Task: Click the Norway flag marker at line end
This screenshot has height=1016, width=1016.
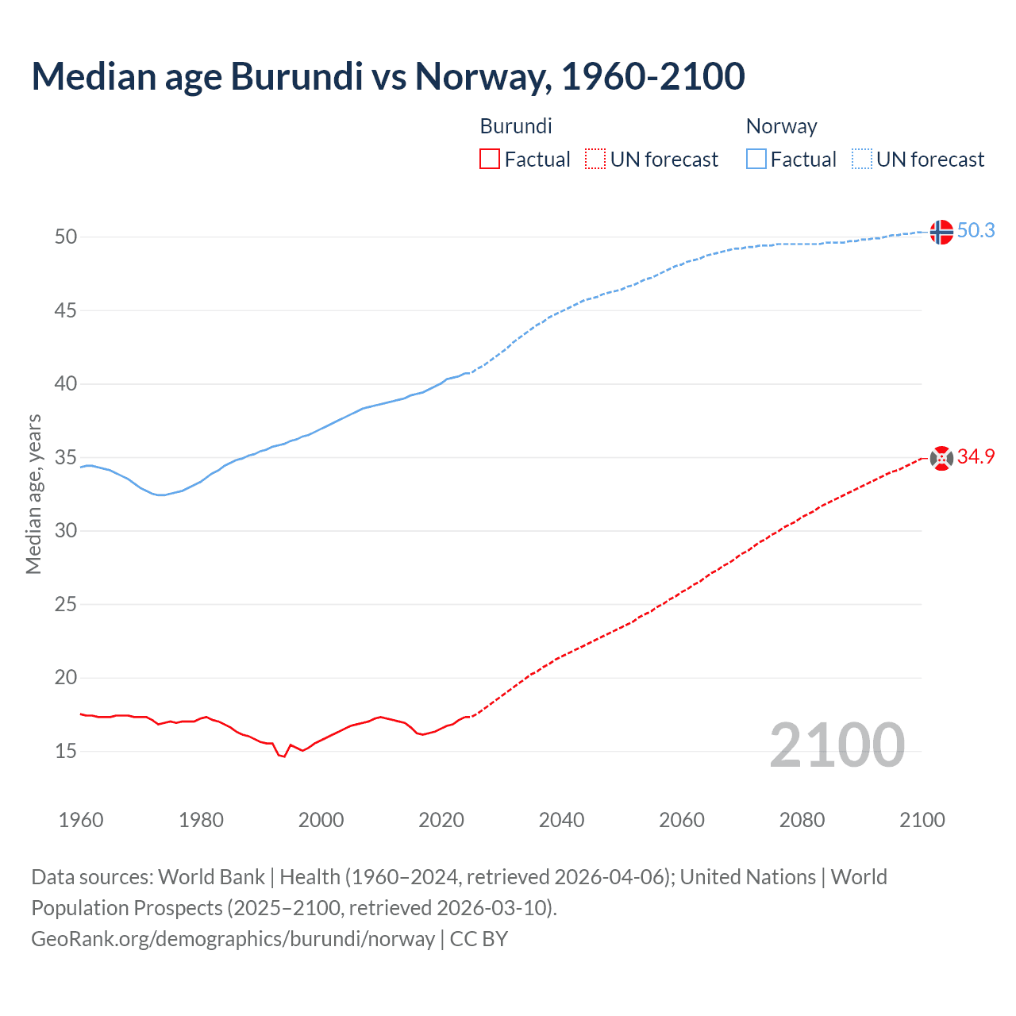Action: pyautogui.click(x=941, y=232)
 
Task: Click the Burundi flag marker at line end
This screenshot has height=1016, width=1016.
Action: pyautogui.click(x=941, y=458)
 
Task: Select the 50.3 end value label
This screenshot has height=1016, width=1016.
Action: pyautogui.click(x=976, y=230)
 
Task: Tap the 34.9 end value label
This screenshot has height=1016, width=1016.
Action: pyautogui.click(x=976, y=456)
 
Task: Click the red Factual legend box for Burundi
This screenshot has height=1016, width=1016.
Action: pyautogui.click(x=490, y=159)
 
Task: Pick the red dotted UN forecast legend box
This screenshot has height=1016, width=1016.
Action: pyautogui.click(x=595, y=159)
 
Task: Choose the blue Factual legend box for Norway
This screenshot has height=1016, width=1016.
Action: pyautogui.click(x=756, y=159)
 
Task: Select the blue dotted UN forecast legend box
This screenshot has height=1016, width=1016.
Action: pyautogui.click(x=861, y=159)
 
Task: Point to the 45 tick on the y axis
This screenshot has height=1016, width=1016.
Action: pyautogui.click(x=66, y=310)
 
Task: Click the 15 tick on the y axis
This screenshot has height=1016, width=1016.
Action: pyautogui.click(x=66, y=751)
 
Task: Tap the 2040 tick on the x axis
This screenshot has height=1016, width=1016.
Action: pyautogui.click(x=561, y=820)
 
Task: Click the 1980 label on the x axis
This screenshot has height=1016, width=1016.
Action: pyautogui.click(x=201, y=820)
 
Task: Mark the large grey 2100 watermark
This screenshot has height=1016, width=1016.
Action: pyautogui.click(x=837, y=745)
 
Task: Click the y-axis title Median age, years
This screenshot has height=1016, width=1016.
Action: pyautogui.click(x=33, y=494)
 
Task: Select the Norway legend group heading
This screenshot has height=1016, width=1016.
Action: pyautogui.click(x=781, y=126)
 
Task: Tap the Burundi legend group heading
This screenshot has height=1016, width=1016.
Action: pyautogui.click(x=516, y=126)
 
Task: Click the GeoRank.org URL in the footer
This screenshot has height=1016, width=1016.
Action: pyautogui.click(x=233, y=938)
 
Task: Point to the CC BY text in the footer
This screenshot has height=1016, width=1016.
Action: pyautogui.click(x=479, y=938)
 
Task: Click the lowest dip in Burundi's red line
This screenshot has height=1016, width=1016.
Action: pyautogui.click(x=283, y=756)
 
